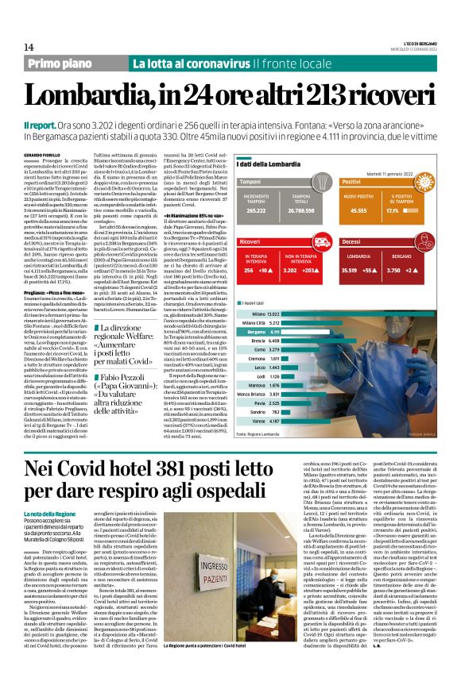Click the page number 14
pos(17,48)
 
